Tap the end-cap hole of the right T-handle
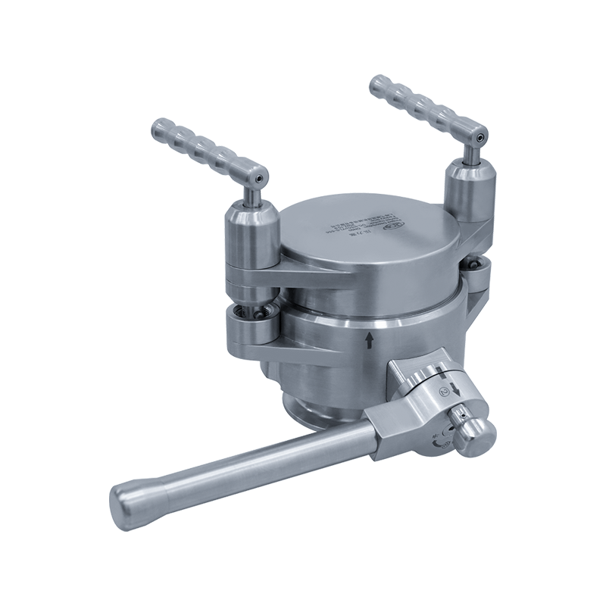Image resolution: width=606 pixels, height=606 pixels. [x=479, y=137]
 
